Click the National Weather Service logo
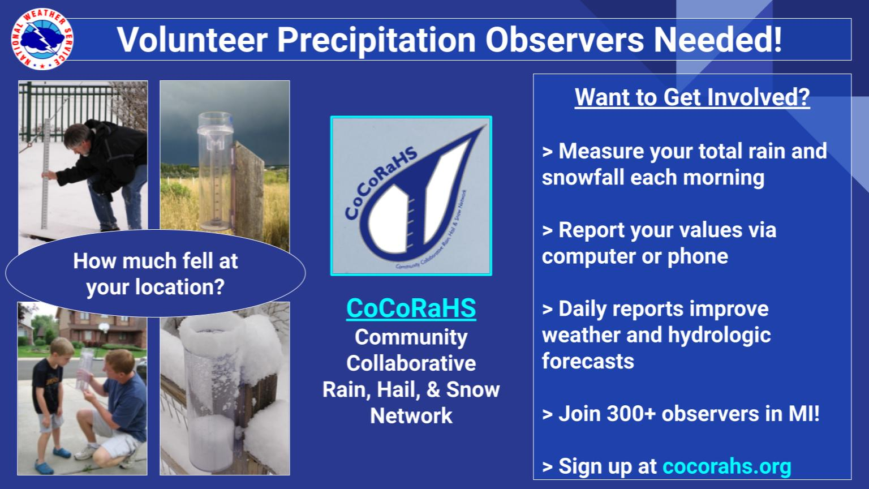click(x=42, y=39)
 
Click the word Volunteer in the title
click(x=192, y=40)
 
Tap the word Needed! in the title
click(x=718, y=40)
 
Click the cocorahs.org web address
click(x=726, y=466)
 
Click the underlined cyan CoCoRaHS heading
click(x=411, y=308)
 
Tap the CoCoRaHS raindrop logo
click(x=411, y=196)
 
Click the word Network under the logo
click(x=411, y=416)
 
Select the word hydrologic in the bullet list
click(x=719, y=336)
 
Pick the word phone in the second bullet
click(x=698, y=256)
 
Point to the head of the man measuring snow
click(x=80, y=136)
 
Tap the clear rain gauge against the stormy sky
click(x=214, y=171)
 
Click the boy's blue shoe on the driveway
click(x=61, y=453)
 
